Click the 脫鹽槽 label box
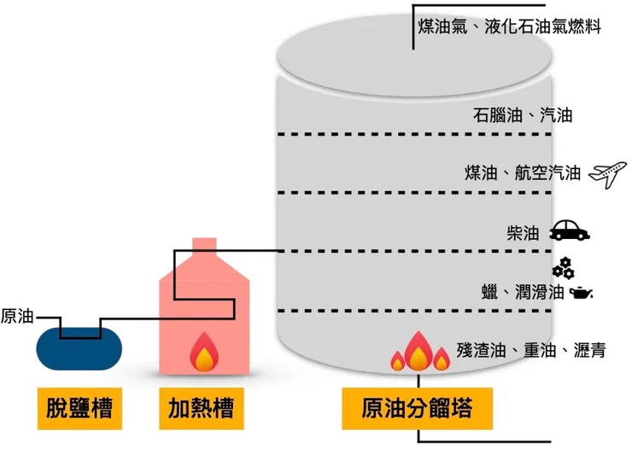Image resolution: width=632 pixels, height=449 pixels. coord(79,408)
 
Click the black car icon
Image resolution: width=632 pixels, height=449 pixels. coord(569,231)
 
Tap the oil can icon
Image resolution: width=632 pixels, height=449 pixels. coord(581,293)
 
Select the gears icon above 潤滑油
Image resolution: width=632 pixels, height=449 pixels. coord(562,268)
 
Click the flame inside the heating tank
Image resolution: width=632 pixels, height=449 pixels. coord(203,351)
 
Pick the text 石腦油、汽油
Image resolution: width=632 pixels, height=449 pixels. coord(522,115)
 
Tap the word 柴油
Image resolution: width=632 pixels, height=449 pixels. coord(523,232)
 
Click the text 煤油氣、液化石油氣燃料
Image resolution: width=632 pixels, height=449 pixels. coord(510,27)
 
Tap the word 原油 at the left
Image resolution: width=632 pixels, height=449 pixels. coord(17,315)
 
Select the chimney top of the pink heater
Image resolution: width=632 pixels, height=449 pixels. coord(203,244)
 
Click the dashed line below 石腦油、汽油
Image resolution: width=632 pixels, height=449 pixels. coord(418,135)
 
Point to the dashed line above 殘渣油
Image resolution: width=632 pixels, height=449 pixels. coord(418,311)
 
